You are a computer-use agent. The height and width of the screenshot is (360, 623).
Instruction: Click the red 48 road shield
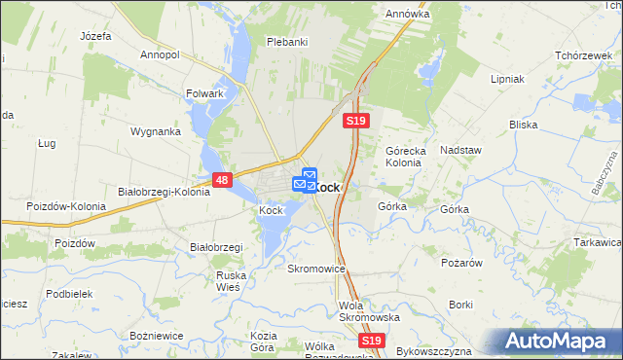222,180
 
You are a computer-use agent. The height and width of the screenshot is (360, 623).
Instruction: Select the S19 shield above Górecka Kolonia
355,121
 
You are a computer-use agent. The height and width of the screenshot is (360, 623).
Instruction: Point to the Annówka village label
407,15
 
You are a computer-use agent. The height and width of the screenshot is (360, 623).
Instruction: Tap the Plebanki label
287,42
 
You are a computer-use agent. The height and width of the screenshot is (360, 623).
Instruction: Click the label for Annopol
161,55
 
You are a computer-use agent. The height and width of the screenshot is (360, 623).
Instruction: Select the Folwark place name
205,94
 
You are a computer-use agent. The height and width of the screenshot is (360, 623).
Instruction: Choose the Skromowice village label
316,268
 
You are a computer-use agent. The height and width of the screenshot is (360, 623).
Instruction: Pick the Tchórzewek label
582,55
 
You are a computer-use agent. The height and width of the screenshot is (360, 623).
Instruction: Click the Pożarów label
460,262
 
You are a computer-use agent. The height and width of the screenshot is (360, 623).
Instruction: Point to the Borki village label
461,305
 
